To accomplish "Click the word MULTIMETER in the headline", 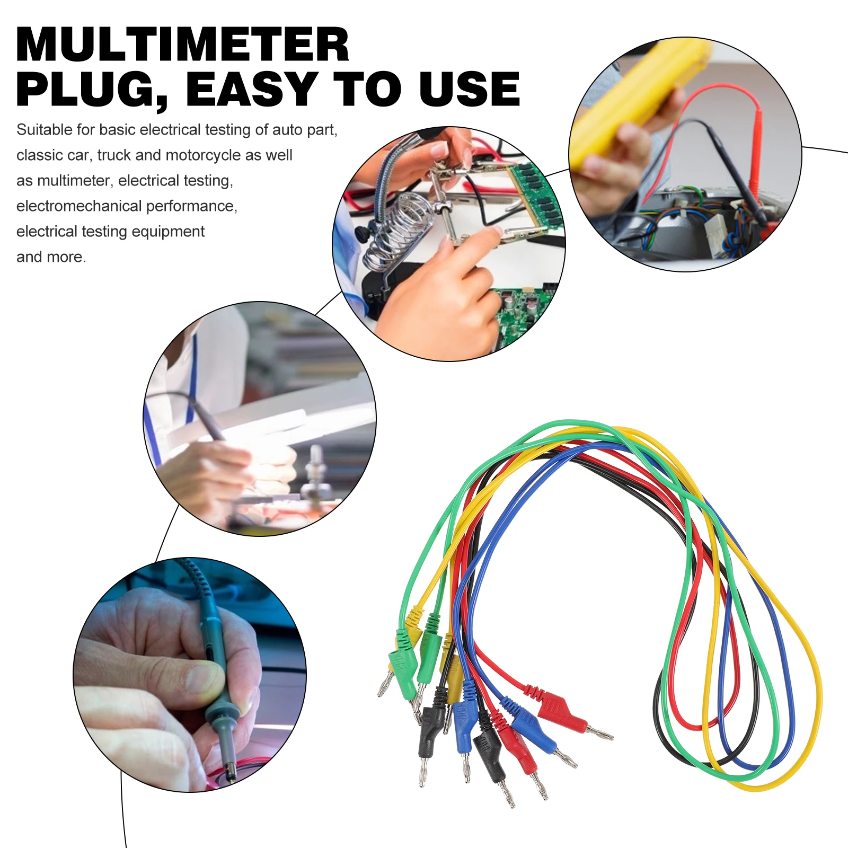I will tap(183, 45).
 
